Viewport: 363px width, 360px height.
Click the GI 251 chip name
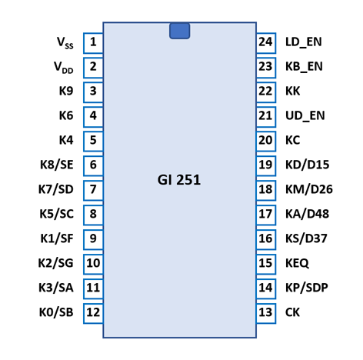tap(179, 180)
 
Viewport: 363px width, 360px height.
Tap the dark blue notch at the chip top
tap(179, 31)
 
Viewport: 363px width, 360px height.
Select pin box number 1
tap(93, 43)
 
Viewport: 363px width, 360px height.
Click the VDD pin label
tap(64, 68)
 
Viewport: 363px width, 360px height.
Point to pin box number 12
tap(93, 313)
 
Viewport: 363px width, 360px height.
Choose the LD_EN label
tap(304, 42)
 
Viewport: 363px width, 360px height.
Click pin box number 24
tap(266, 43)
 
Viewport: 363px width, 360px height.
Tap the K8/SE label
tap(57, 165)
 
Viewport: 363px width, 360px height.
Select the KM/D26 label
tap(309, 189)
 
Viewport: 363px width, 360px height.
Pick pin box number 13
tap(266, 313)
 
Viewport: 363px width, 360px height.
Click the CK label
tap(292, 312)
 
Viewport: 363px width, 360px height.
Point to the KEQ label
tap(297, 263)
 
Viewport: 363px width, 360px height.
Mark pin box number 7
tap(93, 191)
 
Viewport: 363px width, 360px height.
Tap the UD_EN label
tap(305, 115)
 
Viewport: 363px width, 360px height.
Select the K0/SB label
tap(56, 312)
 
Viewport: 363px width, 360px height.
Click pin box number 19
tap(266, 166)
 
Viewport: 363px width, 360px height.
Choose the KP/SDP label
tap(307, 288)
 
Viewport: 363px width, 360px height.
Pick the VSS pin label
tap(65, 42)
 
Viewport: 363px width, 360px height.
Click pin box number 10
tap(93, 264)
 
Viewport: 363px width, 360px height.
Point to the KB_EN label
tap(304, 67)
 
